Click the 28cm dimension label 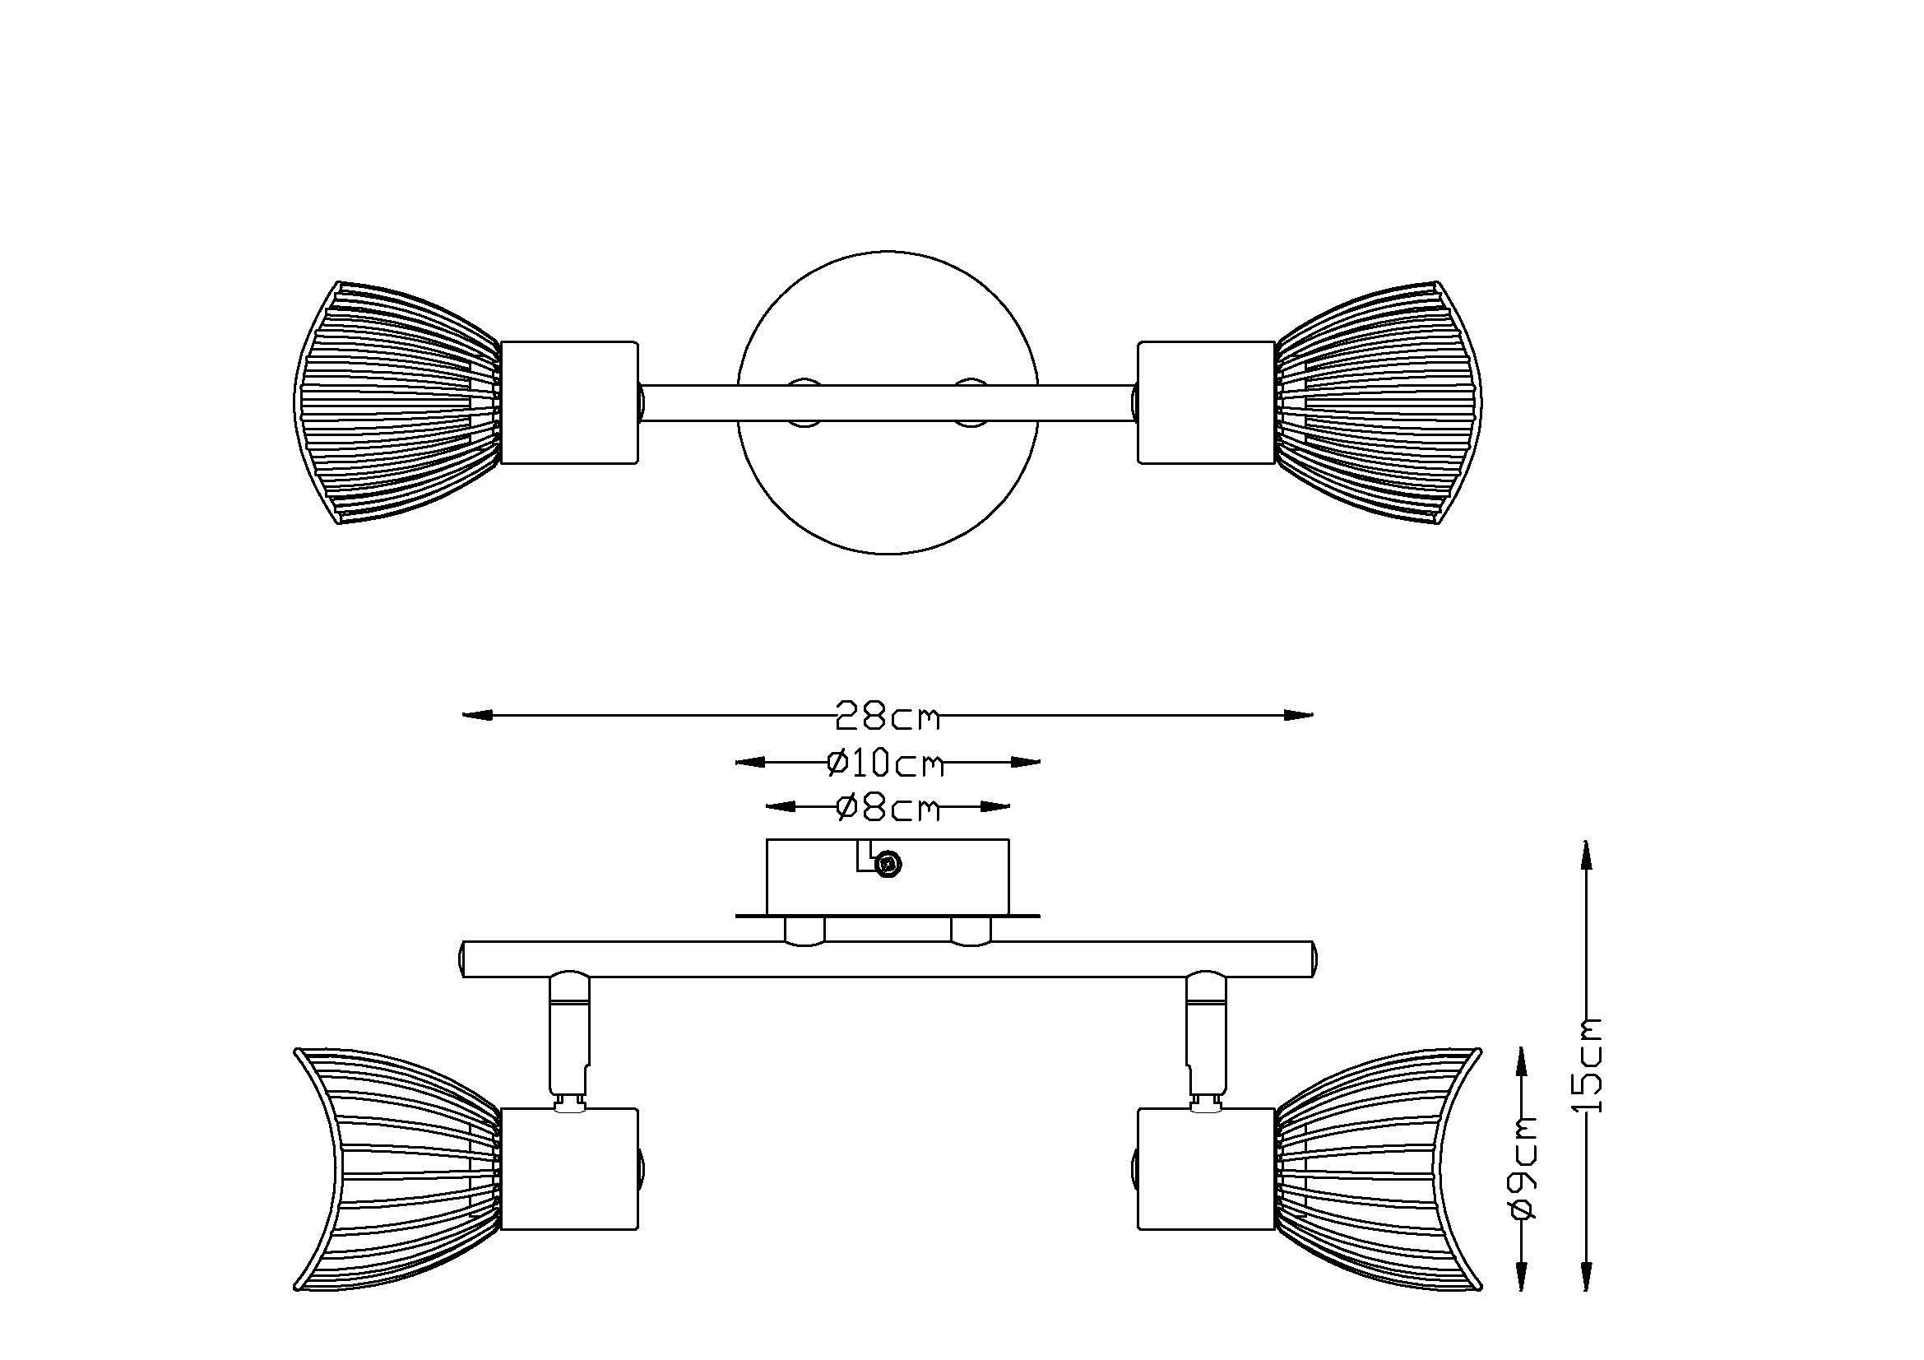point(888,716)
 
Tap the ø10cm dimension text point(886,764)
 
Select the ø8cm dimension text point(888,808)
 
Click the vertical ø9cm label point(1523,1167)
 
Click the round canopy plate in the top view point(888,402)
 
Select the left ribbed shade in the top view point(398,403)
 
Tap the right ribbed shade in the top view point(1379,403)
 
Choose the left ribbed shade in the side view point(398,1169)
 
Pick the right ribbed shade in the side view point(1379,1169)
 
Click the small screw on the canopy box point(888,864)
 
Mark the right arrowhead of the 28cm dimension point(1299,715)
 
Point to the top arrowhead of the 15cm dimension point(1585,856)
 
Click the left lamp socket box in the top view point(571,402)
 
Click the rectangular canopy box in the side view point(888,876)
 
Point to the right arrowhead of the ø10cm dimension point(1026,763)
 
